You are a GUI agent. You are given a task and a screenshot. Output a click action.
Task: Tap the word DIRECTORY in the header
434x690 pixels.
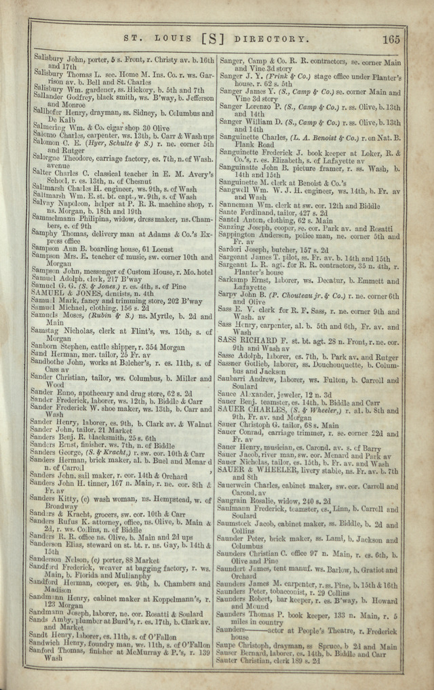pyautogui.click(x=273, y=39)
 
